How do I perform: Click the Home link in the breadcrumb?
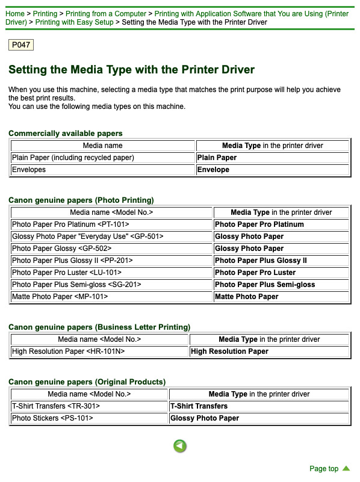click(x=15, y=14)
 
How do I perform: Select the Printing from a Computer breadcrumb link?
click(x=106, y=14)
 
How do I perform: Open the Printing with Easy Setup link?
click(x=75, y=22)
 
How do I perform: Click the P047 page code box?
click(x=21, y=45)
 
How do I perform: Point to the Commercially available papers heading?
click(x=66, y=134)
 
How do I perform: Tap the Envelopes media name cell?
click(x=103, y=170)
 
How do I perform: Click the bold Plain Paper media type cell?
click(x=272, y=158)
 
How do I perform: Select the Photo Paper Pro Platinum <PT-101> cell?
click(x=111, y=224)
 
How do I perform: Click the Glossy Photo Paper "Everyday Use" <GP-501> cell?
click(x=111, y=236)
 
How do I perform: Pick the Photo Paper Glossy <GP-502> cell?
click(x=111, y=249)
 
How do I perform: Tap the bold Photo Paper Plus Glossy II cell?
click(x=281, y=261)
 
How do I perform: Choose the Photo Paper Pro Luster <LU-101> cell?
click(x=111, y=273)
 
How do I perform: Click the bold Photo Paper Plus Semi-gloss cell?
click(x=281, y=285)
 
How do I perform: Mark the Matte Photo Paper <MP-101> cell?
click(x=111, y=297)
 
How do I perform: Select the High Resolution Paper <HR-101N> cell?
click(x=99, y=351)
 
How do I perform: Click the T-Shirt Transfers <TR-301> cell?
click(x=89, y=406)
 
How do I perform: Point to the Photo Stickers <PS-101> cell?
click(x=89, y=418)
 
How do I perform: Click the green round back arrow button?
click(x=180, y=446)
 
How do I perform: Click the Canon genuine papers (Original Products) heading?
click(x=87, y=382)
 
